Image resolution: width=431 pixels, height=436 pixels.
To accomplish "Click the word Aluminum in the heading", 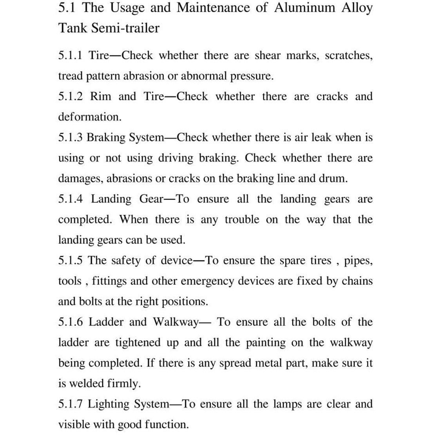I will [x=304, y=8].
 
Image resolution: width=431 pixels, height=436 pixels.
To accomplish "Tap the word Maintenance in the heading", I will [x=213, y=8].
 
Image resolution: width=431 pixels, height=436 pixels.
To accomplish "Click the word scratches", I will [x=348, y=56].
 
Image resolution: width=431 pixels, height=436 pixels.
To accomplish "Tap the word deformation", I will [x=90, y=117].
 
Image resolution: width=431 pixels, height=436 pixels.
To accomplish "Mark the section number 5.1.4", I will [x=71, y=199].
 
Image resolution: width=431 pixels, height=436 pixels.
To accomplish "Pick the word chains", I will [x=357, y=281].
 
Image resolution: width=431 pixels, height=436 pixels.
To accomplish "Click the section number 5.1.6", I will [x=71, y=322].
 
